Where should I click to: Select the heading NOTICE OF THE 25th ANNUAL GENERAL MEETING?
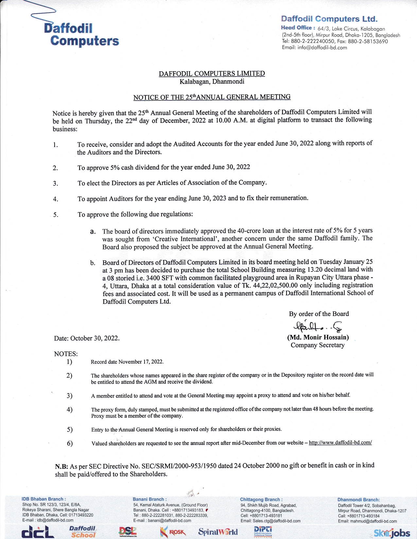point(212,97)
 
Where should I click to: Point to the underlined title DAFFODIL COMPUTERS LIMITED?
point(212,73)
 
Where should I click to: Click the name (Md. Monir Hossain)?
point(318,337)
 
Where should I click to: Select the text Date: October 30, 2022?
point(87,338)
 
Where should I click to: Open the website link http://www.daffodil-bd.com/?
point(340,443)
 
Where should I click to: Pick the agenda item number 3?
point(56,184)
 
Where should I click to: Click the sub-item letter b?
point(93,263)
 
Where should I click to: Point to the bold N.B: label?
point(61,466)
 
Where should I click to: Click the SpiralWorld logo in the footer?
point(218,532)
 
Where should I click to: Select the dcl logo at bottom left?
point(38,532)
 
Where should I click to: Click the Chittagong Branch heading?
point(261,499)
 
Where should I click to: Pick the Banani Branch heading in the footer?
point(149,499)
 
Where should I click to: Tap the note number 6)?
point(69,443)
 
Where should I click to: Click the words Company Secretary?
point(318,345)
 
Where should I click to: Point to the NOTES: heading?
point(66,354)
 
